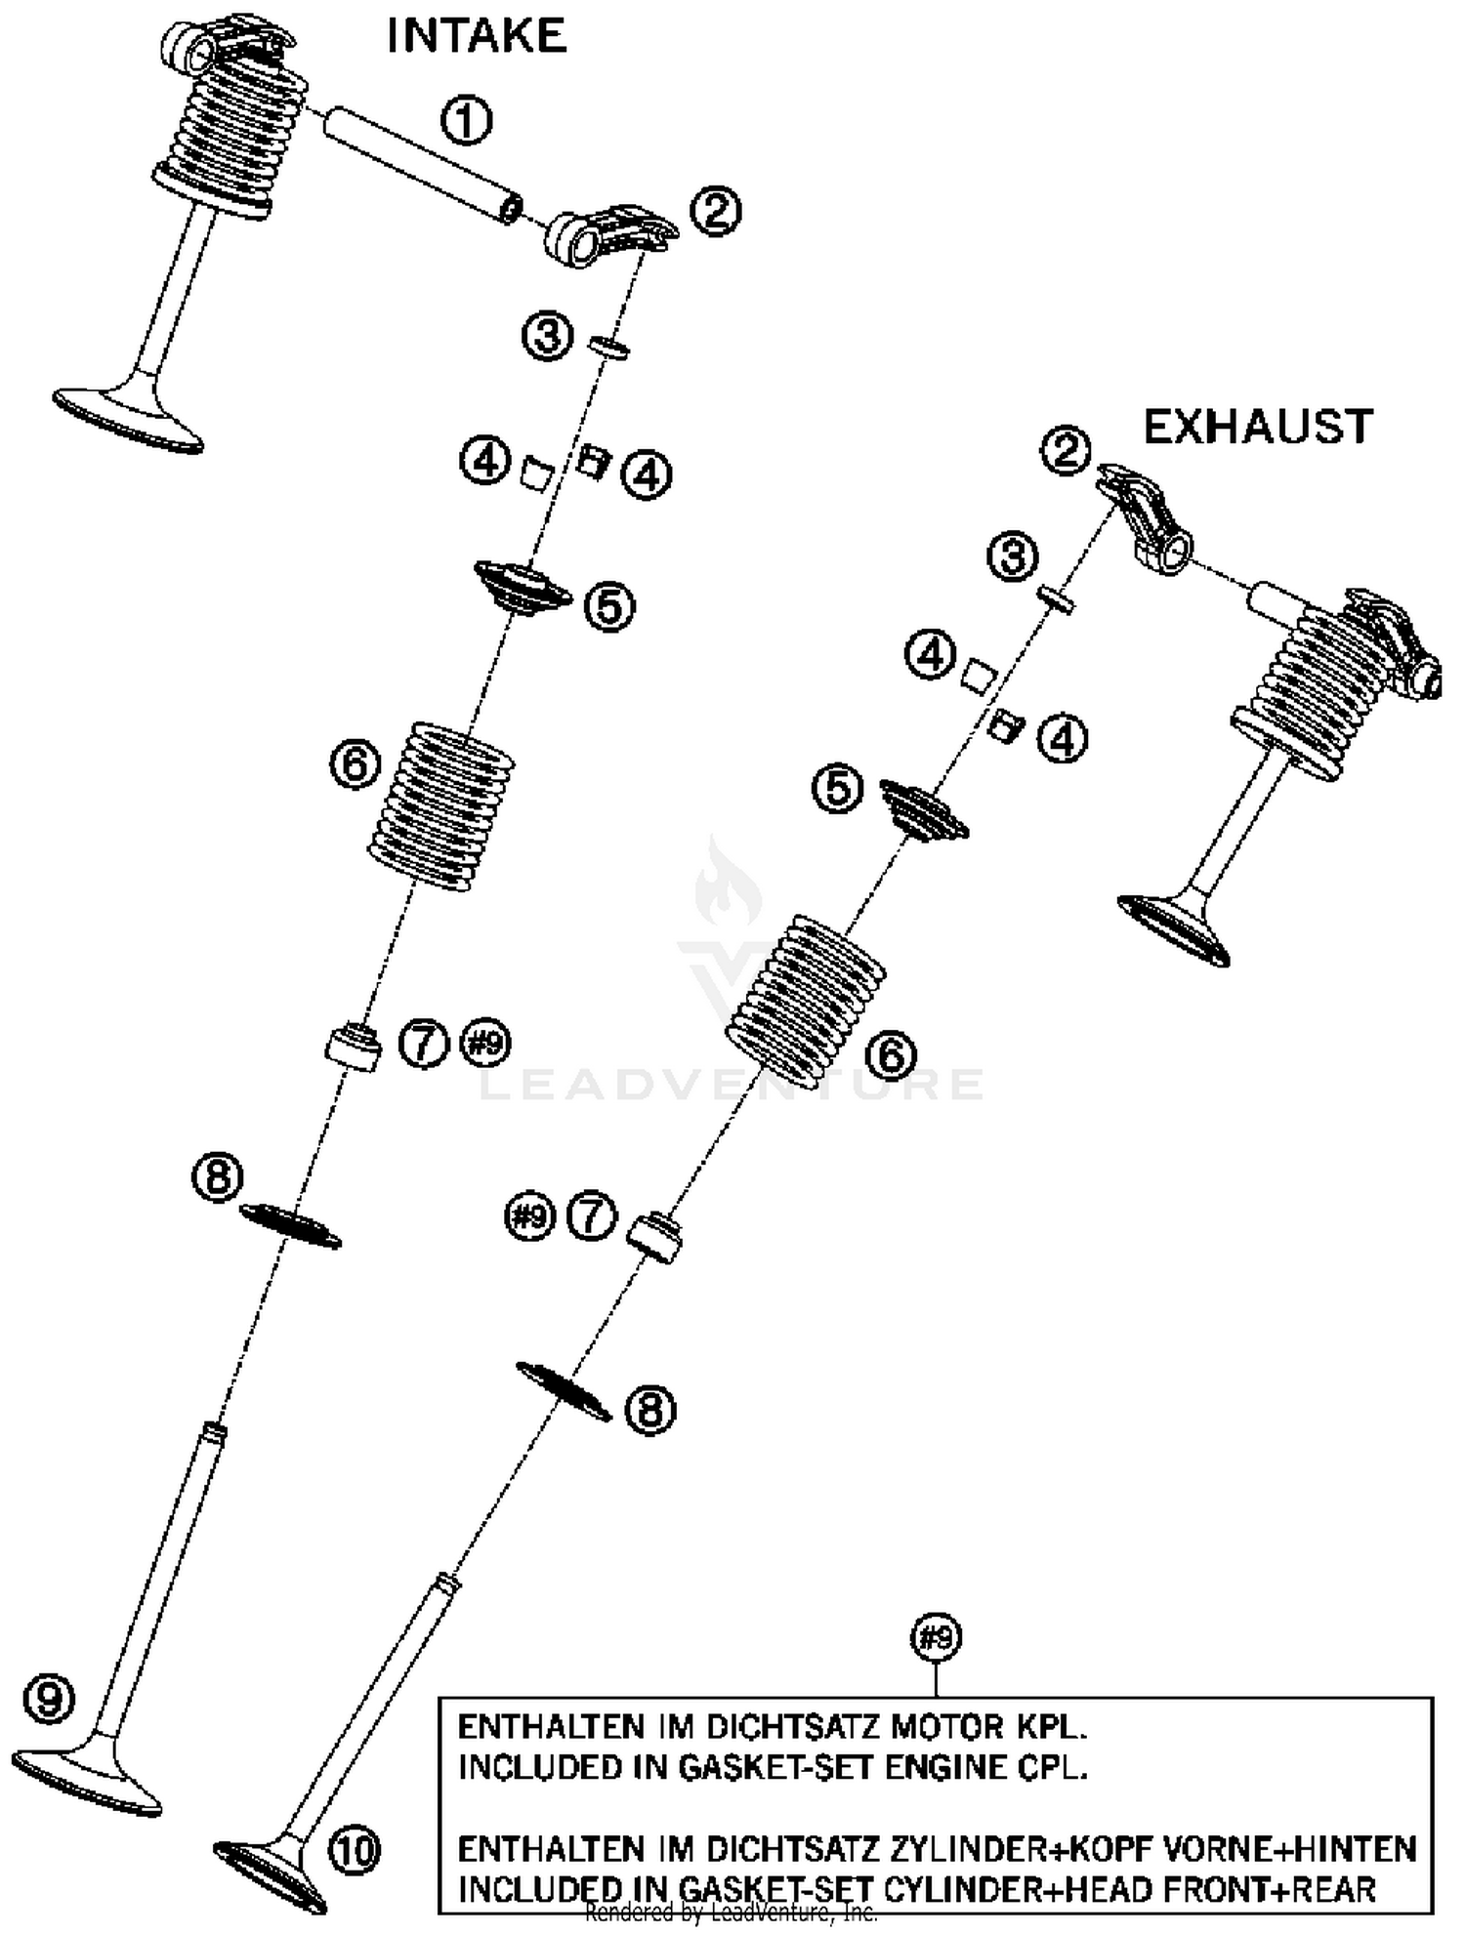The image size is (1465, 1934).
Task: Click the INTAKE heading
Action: (476, 37)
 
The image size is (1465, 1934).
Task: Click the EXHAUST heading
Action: (1258, 427)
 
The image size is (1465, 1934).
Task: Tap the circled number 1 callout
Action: (466, 121)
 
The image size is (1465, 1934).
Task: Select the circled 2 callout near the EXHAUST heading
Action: (1065, 450)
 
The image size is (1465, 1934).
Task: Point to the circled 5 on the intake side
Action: (609, 606)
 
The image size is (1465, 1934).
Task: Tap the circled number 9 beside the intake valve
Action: (49, 1700)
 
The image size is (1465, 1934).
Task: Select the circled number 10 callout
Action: (354, 1849)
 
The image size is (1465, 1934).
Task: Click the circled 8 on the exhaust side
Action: (649, 1410)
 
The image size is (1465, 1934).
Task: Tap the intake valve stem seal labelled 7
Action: (353, 1047)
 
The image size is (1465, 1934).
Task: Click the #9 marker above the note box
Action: (936, 1637)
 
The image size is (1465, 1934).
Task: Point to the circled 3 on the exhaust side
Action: (1012, 557)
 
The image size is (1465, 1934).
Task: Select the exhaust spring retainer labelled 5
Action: (924, 808)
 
